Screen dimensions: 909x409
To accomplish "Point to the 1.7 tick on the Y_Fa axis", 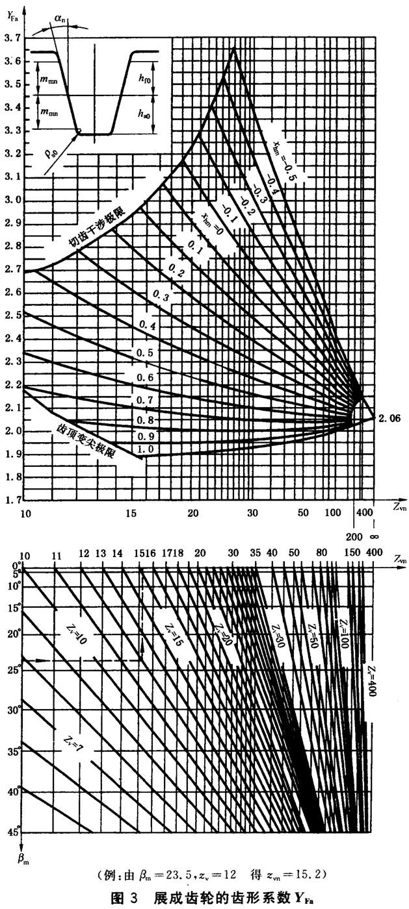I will (x=12, y=500).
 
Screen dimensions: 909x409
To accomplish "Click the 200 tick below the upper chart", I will (x=355, y=537).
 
